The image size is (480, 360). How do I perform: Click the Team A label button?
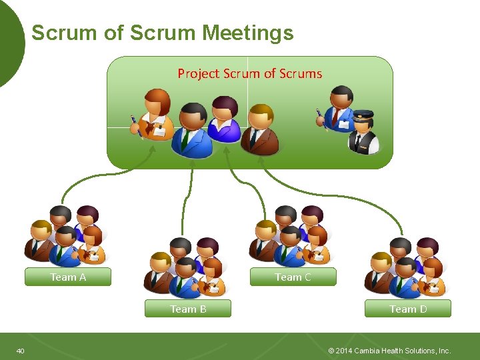tap(68, 277)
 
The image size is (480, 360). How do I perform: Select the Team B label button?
tap(188, 309)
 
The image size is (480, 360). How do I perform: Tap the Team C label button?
tap(293, 277)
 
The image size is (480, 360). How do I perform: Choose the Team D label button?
tap(407, 309)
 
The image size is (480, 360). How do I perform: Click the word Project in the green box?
tap(198, 73)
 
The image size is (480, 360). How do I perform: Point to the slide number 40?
tap(21, 351)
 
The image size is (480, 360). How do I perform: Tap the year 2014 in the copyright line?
tap(345, 351)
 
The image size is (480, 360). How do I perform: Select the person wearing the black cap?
tap(364, 131)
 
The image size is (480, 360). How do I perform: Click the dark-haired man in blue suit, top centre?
tap(193, 130)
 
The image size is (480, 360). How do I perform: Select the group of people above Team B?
tap(186, 267)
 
